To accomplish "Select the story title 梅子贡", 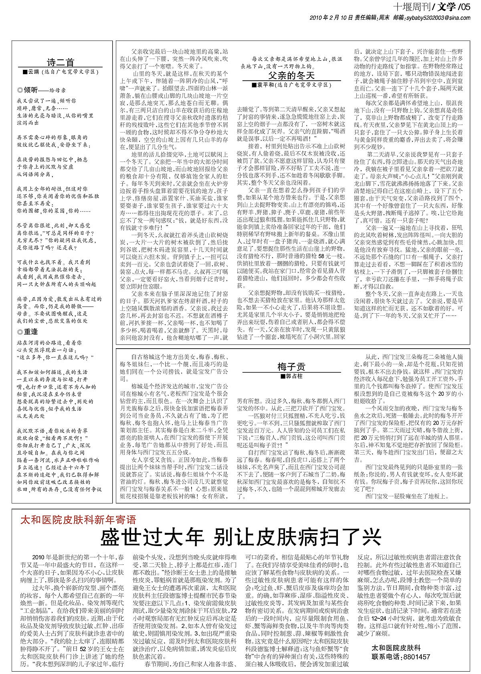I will tap(291, 366).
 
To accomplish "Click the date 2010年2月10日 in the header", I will tap(331, 17).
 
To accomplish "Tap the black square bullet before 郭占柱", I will tap(283, 376).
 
